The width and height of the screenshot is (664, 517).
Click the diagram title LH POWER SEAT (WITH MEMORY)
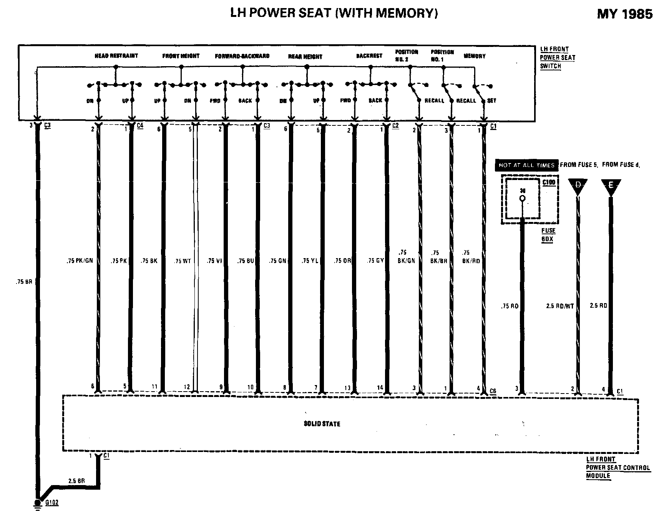(x=334, y=13)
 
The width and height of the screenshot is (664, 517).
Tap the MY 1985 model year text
(x=624, y=14)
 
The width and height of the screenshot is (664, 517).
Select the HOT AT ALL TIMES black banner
(x=526, y=165)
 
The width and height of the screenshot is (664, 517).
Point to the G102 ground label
(x=52, y=502)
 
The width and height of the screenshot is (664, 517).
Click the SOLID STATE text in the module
(x=322, y=424)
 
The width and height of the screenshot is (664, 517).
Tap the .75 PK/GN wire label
(x=78, y=261)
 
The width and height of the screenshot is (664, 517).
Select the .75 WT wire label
(x=182, y=261)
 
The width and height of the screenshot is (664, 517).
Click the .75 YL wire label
(x=309, y=261)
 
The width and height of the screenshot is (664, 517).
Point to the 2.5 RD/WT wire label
(x=559, y=306)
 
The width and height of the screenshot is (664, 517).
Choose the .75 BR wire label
(x=24, y=282)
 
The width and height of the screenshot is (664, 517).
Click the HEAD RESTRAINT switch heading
(x=116, y=56)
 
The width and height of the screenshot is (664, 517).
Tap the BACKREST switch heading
(x=369, y=56)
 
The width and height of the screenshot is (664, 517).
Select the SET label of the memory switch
(x=491, y=101)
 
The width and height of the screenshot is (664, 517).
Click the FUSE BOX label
(x=548, y=234)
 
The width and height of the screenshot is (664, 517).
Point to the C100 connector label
(x=548, y=182)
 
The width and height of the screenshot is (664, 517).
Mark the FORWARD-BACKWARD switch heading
(x=242, y=56)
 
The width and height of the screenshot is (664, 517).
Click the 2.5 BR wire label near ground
(x=76, y=481)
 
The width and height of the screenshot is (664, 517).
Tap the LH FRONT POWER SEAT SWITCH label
(x=557, y=58)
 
